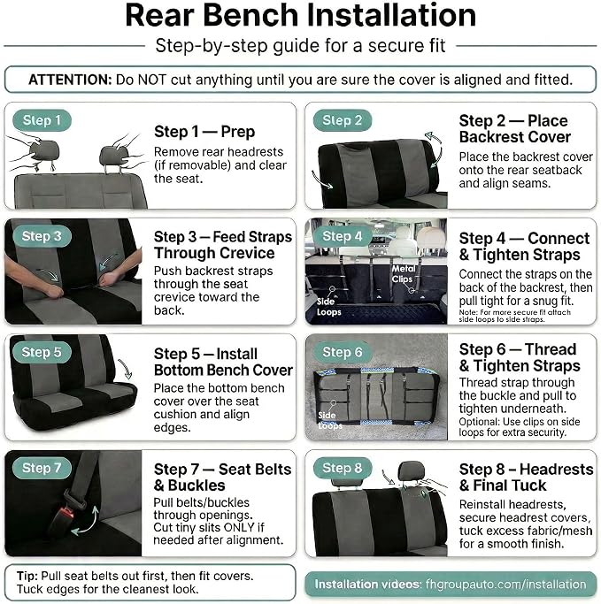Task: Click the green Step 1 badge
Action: (42, 120)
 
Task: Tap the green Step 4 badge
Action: (343, 236)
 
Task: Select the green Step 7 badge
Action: (42, 468)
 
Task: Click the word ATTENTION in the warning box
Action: (70, 80)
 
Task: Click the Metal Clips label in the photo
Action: (404, 273)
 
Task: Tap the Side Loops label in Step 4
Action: (328, 307)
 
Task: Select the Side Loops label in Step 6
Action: (329, 420)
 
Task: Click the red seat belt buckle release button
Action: (66, 513)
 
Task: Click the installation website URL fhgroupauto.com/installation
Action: (505, 584)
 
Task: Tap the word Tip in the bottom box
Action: (27, 576)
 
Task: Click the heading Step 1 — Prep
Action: (204, 132)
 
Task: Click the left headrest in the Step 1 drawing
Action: (44, 150)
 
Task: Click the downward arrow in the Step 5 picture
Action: (126, 370)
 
